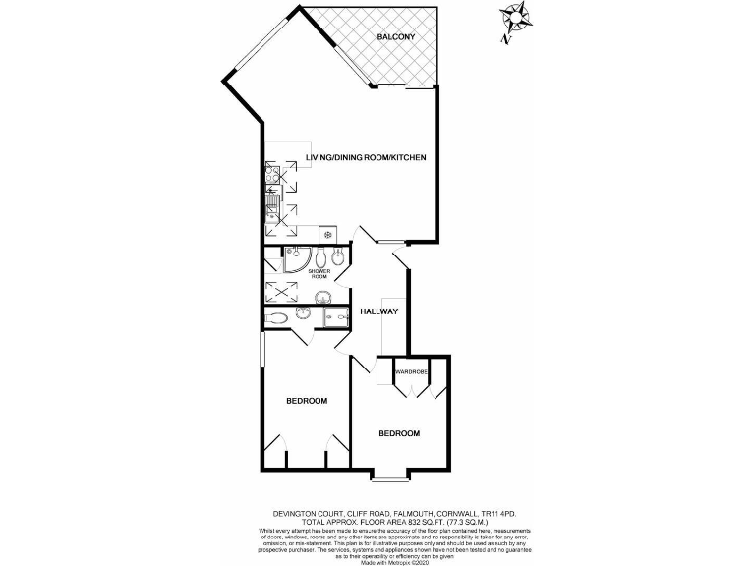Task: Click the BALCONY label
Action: (396, 37)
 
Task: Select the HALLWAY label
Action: (378, 311)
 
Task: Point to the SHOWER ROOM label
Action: (319, 274)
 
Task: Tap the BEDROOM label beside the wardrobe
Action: (399, 433)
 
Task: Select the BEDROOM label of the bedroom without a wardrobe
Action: (307, 401)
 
